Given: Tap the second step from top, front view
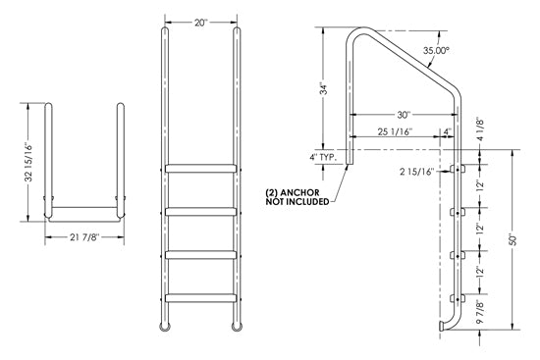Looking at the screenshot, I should (x=201, y=211).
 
